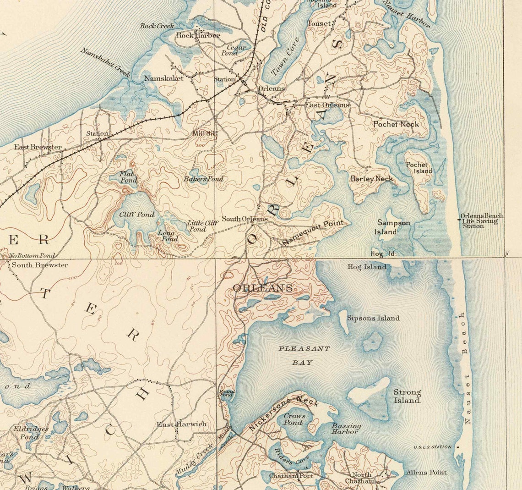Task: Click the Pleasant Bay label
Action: tap(304, 355)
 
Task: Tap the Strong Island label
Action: tap(407, 396)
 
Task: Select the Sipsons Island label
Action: tap(373, 318)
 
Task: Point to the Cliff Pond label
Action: tap(136, 215)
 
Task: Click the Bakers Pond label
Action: tap(203, 179)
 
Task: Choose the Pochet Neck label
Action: tap(396, 124)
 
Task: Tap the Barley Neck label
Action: tap(371, 179)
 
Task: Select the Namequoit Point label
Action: tap(313, 232)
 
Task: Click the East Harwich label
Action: tap(182, 424)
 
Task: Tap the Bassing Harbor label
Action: tap(346, 429)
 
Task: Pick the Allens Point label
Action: tap(426, 473)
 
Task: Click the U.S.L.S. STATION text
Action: tap(432, 447)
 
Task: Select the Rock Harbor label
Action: tap(198, 35)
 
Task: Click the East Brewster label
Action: tap(38, 147)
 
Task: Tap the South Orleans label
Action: tap(245, 219)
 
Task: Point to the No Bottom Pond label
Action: tap(32, 256)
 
